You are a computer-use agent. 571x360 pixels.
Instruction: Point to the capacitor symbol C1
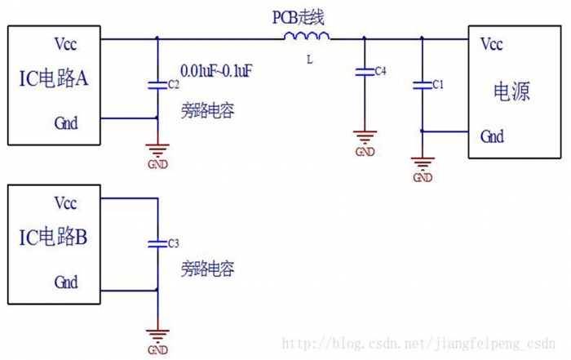point(422,83)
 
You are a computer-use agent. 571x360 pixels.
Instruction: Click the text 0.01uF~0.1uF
point(215,72)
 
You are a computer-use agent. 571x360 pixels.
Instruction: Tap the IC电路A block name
point(54,79)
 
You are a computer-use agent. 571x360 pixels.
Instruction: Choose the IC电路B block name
point(54,238)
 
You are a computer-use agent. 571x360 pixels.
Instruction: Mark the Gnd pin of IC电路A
point(65,122)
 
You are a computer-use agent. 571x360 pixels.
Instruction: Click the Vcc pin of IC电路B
point(65,202)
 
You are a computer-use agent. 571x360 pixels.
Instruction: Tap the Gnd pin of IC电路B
point(65,282)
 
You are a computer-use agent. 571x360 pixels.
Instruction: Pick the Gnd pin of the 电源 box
point(492,136)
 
